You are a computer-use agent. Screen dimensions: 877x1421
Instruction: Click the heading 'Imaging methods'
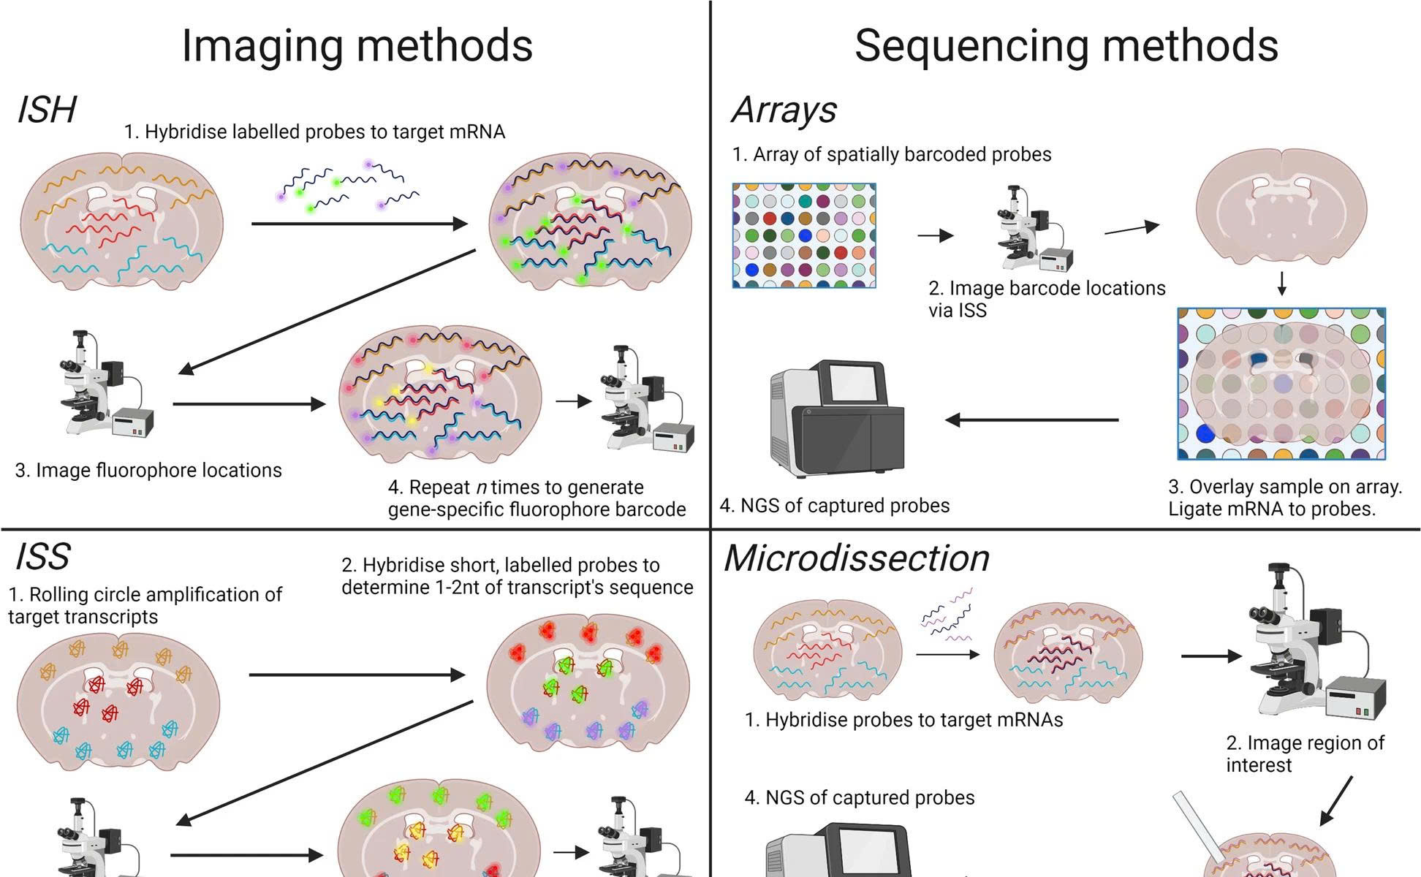click(x=357, y=45)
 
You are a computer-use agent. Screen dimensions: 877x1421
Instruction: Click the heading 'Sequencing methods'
click(x=1066, y=45)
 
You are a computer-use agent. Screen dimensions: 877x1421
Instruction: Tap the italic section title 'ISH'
click(x=46, y=110)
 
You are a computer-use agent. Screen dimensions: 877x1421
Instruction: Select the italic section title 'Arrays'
click(x=784, y=110)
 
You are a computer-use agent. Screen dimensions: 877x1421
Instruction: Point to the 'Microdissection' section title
click(x=856, y=558)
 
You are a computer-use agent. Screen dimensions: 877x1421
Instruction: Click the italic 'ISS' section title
click(x=42, y=557)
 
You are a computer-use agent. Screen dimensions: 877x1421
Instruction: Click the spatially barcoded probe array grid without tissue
click(x=804, y=235)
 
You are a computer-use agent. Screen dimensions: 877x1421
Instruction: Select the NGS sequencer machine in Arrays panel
click(x=836, y=418)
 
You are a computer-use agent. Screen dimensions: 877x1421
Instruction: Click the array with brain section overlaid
click(x=1281, y=384)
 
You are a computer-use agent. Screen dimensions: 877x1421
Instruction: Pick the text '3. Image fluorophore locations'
click(x=148, y=470)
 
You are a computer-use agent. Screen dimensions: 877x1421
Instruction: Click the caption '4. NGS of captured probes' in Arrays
click(x=835, y=506)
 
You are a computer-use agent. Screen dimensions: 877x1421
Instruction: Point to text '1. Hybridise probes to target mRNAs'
click(x=903, y=720)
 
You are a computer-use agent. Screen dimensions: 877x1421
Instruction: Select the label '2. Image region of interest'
click(x=1305, y=753)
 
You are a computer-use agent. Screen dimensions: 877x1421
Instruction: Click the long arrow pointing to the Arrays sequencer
click(x=1031, y=419)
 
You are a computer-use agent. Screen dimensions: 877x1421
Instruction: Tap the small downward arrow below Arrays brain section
click(x=1281, y=284)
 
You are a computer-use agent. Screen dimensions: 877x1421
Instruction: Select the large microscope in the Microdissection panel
click(x=1308, y=643)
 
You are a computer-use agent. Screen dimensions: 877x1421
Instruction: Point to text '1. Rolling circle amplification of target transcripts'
click(x=145, y=605)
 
